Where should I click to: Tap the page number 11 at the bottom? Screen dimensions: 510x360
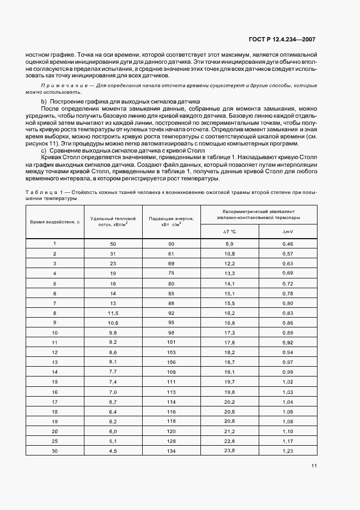[x=315, y=465]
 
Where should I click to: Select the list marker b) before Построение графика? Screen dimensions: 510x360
[x=44, y=101]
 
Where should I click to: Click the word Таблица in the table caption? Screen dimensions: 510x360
[x=40, y=192]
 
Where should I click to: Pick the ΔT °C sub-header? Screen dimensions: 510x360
[x=229, y=232]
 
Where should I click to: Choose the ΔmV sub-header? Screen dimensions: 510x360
[x=288, y=232]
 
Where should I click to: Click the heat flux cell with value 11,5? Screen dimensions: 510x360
[x=113, y=313]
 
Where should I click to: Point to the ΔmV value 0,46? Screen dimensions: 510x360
[x=288, y=244]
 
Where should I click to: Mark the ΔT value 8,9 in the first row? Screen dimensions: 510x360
[x=229, y=244]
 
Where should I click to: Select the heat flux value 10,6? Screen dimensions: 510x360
[x=113, y=323]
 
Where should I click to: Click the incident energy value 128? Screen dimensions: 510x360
[x=171, y=440]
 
